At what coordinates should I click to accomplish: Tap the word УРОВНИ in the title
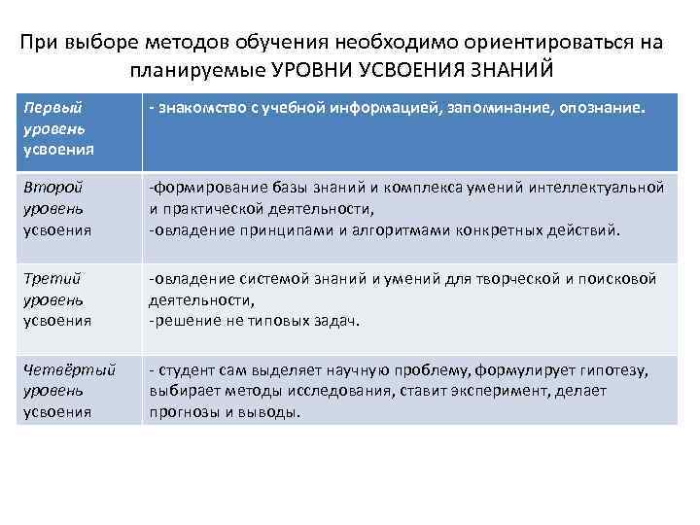[310, 70]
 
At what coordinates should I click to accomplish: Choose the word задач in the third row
[336, 320]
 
